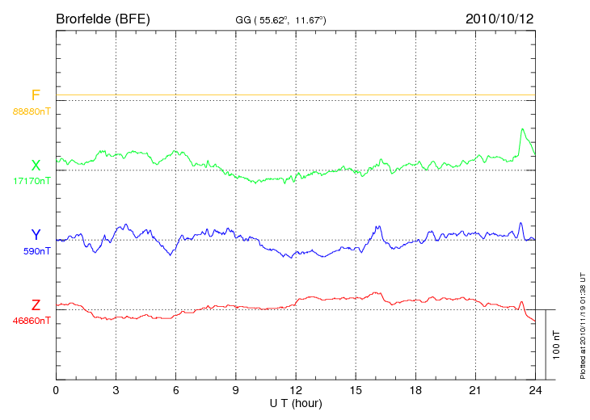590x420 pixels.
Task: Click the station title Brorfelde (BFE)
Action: (103, 18)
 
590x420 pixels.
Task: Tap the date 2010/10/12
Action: (499, 18)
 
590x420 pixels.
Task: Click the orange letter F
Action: (36, 96)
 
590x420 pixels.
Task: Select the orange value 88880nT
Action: (32, 111)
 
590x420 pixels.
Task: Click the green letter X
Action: (36, 166)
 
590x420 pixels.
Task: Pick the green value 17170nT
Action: (32, 180)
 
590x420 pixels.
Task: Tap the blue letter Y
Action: (36, 235)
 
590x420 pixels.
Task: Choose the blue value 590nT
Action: (36, 250)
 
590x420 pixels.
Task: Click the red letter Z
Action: (36, 304)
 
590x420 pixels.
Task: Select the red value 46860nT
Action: (32, 320)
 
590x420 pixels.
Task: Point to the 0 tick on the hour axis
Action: (56, 390)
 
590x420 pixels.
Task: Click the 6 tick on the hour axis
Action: (175, 390)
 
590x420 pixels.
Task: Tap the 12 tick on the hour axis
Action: (296, 390)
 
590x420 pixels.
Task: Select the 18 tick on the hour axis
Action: (415, 390)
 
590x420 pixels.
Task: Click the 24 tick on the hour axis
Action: (535, 390)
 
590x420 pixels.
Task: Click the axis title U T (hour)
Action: (296, 402)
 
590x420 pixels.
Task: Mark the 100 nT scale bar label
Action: (557, 345)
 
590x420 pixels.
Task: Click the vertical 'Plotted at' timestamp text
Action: (582, 323)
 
